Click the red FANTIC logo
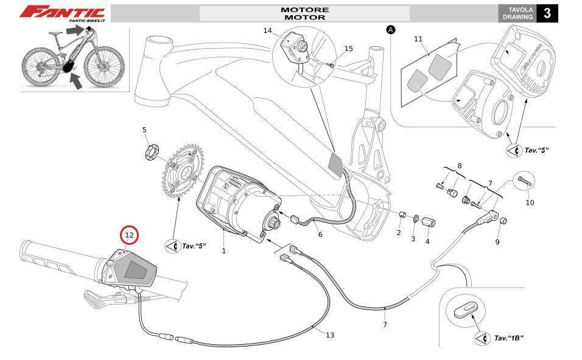coord(63,12)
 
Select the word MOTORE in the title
coord(304,10)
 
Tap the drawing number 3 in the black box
coord(547,13)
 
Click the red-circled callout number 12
coord(129,235)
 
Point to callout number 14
coord(268,30)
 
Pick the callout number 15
coord(348,49)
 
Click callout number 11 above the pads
coord(418,40)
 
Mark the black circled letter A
coord(391,29)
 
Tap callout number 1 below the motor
coord(223,251)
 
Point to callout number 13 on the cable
coord(330,335)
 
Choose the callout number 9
coord(497,242)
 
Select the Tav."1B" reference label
coord(509,338)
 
